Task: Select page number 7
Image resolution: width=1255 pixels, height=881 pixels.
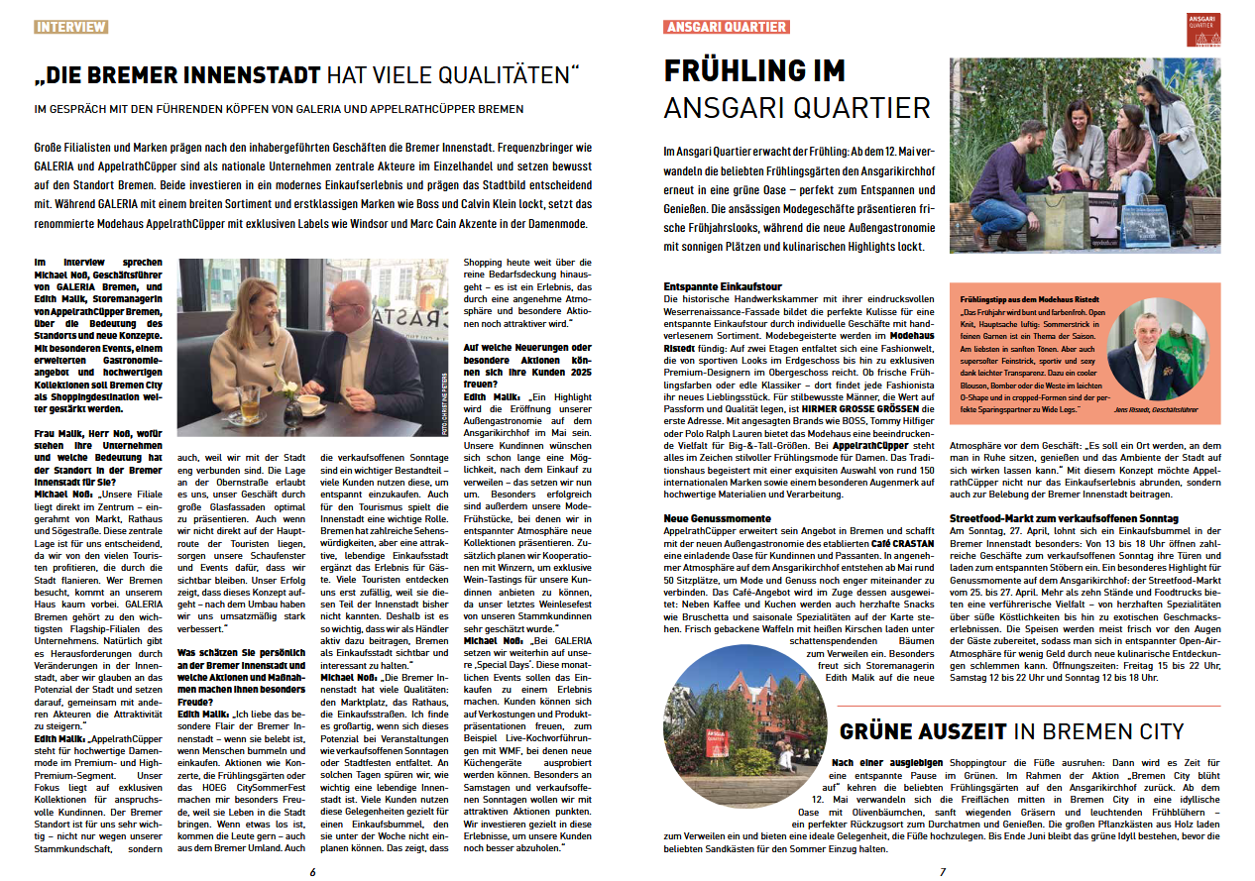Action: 943,871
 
